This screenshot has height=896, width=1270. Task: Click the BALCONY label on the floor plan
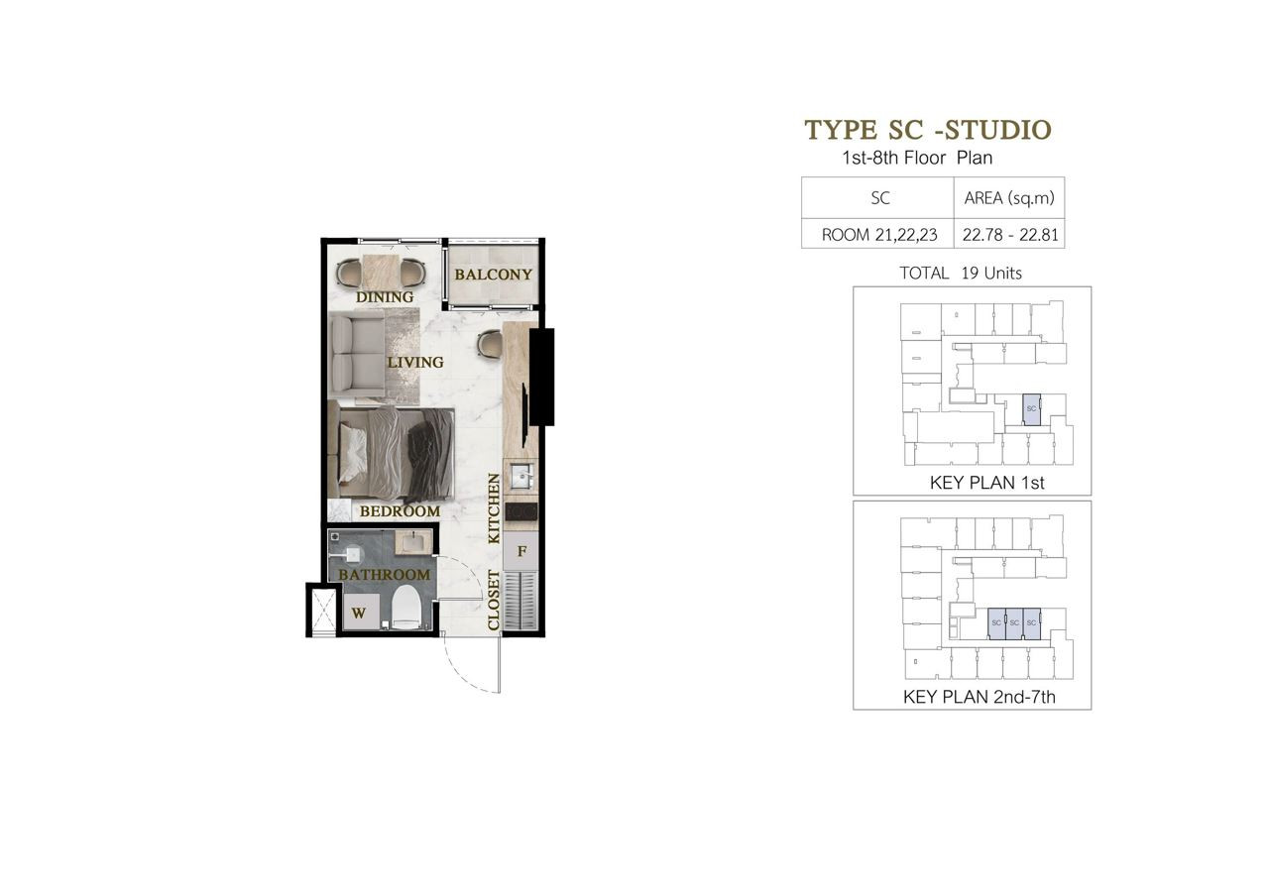click(494, 275)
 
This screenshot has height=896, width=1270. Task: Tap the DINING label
click(385, 297)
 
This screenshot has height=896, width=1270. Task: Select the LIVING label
click(415, 362)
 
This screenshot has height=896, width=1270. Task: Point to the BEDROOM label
click(400, 511)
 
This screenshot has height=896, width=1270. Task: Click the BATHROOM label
click(385, 575)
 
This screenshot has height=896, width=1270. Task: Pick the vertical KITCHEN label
click(495, 508)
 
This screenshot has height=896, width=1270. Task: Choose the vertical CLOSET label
click(494, 601)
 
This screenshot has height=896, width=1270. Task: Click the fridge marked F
click(521, 551)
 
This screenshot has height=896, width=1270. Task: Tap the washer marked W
click(361, 612)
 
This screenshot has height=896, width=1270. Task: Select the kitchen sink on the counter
click(520, 476)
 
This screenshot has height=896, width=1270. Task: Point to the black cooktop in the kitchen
click(521, 511)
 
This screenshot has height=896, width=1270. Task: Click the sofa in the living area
click(358, 356)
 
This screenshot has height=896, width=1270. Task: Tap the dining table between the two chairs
click(381, 272)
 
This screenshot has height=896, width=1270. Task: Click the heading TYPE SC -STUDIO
click(928, 130)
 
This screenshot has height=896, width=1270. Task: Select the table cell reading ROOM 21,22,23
click(879, 235)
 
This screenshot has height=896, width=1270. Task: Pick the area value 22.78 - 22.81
click(1010, 235)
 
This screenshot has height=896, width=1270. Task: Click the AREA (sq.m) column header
click(1009, 198)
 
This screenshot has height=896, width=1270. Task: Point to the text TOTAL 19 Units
click(961, 274)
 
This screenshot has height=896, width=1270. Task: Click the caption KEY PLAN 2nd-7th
click(980, 697)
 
